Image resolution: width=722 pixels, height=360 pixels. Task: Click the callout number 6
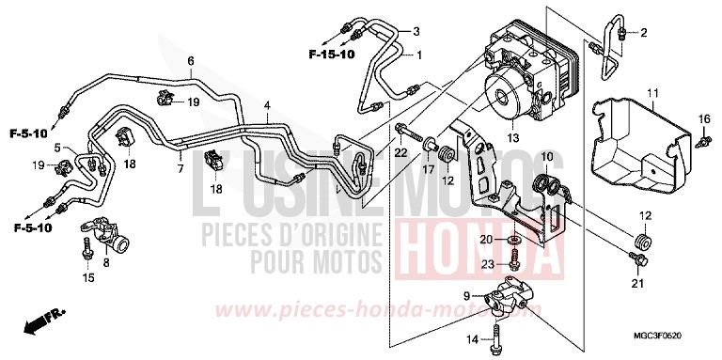(x=190, y=61)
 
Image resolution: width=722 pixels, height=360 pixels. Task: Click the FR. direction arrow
(x=36, y=324)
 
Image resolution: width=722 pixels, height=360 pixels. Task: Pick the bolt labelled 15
(x=86, y=250)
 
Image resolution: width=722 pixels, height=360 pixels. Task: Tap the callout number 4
(x=267, y=105)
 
